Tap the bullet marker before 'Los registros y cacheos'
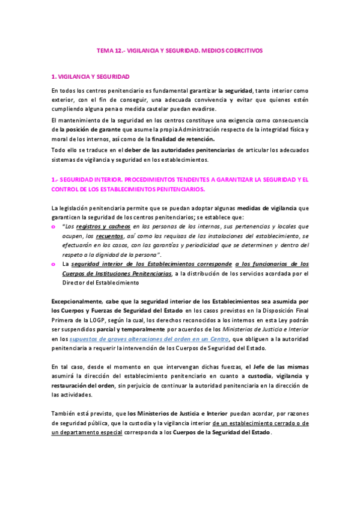tap(54, 227)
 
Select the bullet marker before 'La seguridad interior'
tap(54, 264)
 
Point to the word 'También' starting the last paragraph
tap(64, 414)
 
